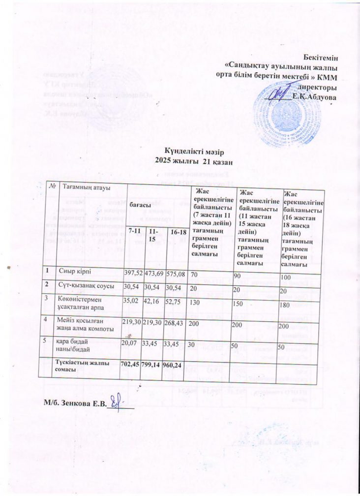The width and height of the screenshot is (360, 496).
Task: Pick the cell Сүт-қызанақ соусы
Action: (x=86, y=286)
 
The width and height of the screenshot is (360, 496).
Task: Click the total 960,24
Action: (x=177, y=365)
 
